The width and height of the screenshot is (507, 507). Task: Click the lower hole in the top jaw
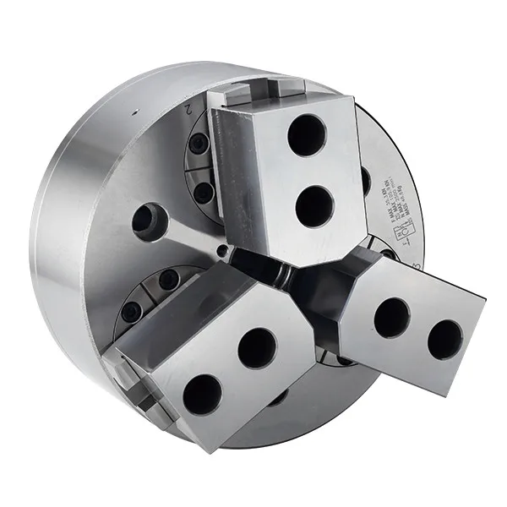pos(315,204)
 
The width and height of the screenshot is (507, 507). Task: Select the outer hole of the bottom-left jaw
pos(203,393)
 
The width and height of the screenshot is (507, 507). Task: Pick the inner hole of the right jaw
pos(391,318)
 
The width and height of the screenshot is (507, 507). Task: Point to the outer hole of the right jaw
pos(444,338)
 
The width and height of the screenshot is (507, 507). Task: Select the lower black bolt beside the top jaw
pos(203,193)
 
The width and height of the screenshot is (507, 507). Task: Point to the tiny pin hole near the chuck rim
pos(133,112)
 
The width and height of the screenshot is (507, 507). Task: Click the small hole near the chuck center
pos(221,249)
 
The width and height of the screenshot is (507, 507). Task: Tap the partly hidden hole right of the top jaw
pos(365,179)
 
